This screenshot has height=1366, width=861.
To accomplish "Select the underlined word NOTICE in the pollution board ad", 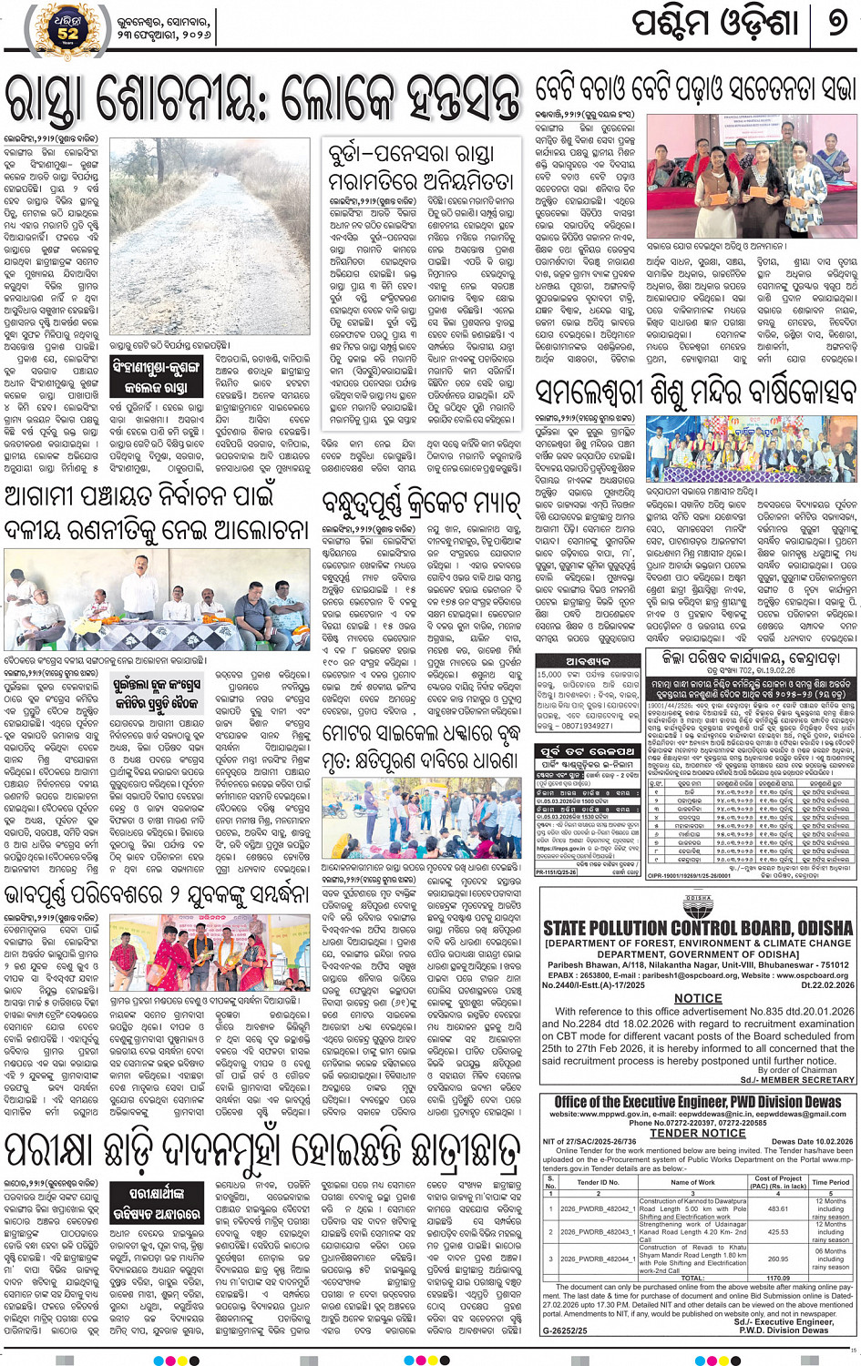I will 698,998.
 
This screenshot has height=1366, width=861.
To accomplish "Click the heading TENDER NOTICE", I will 697,1134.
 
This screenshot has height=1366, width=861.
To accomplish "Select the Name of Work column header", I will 692,1182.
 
